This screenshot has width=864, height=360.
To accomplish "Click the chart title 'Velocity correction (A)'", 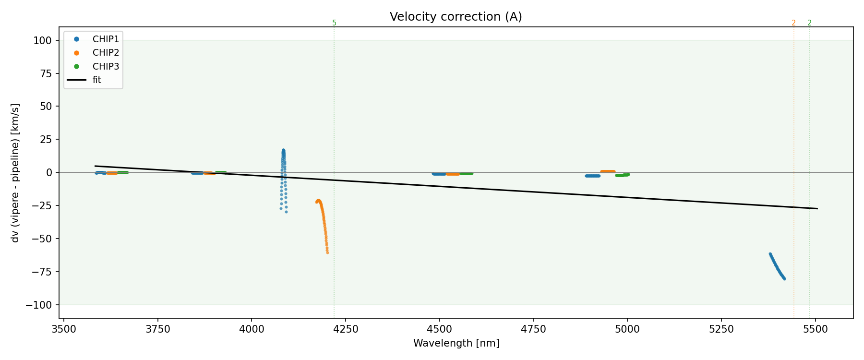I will coord(456,17).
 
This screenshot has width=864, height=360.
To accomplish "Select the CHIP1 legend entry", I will coord(106,39).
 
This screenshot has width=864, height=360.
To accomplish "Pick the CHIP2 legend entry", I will coord(106,53).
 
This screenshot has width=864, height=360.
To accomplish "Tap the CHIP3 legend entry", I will coord(106,66).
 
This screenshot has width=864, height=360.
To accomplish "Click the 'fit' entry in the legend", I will coord(97,80).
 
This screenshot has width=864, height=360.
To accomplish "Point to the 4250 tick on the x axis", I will coord(346,329).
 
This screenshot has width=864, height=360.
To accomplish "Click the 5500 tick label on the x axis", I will coord(815,329).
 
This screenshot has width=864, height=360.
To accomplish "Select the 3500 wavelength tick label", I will coord(64,329).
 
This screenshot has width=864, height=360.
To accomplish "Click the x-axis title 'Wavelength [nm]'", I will coord(456,343).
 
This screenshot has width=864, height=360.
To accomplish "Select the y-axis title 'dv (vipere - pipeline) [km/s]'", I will coord(15,173).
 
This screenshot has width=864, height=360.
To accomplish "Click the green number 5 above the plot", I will coord(334,23).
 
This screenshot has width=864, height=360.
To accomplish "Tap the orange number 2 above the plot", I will coord(793,23).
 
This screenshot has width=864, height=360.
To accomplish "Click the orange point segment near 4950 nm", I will coord(608,171).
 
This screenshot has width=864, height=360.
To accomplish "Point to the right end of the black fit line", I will coord(817,208).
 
